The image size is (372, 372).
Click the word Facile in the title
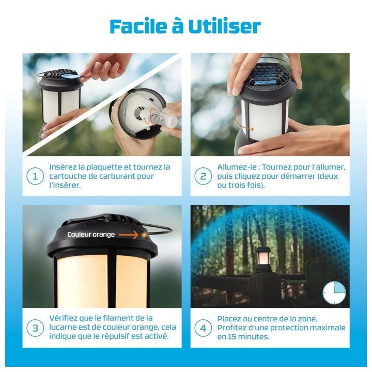(x=138, y=26)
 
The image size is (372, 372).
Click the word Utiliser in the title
(x=224, y=26)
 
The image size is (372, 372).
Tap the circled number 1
(x=35, y=176)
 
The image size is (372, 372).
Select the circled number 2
(x=203, y=176)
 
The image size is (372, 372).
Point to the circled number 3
(x=35, y=328)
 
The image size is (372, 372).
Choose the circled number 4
(x=203, y=328)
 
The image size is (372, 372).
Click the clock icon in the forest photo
(x=334, y=293)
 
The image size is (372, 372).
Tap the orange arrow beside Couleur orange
(x=128, y=235)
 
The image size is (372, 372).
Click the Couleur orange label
(x=91, y=235)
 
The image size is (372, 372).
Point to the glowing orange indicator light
(x=144, y=235)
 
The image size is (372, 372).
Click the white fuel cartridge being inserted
(x=158, y=118)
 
